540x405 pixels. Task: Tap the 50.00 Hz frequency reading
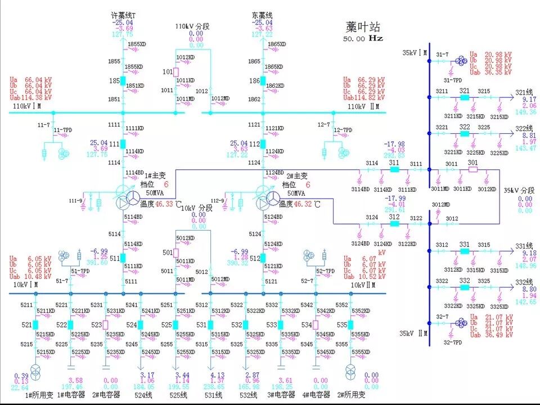tap(363, 39)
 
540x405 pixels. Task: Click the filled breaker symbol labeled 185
tap(123, 81)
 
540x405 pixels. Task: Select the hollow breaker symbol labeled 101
tap(176, 72)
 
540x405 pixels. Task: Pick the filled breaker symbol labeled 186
tap(263, 81)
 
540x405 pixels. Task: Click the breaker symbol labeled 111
tap(123, 143)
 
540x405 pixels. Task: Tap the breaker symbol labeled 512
tap(263, 258)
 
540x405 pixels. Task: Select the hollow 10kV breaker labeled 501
tap(176, 253)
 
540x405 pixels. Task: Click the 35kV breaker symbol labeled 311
tap(394, 169)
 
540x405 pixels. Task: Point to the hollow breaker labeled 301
tap(472, 169)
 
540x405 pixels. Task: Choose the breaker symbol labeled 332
tap(465, 287)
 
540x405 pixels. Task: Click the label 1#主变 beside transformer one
tap(152, 176)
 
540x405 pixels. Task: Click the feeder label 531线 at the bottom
tap(212, 395)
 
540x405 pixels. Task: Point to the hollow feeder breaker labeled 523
tap(105, 325)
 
